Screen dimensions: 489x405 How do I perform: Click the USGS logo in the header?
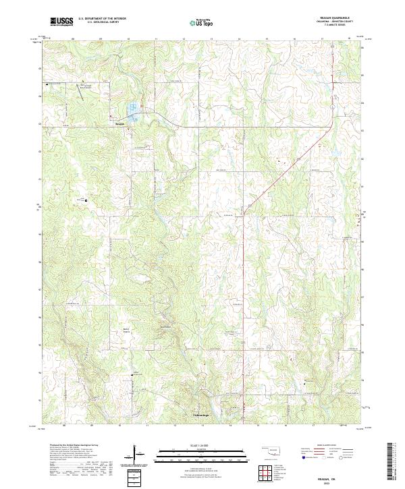click(x=62, y=22)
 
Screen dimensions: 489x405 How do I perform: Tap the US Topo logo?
click(x=203, y=22)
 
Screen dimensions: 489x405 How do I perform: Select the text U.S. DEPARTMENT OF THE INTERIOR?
click(x=102, y=19)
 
